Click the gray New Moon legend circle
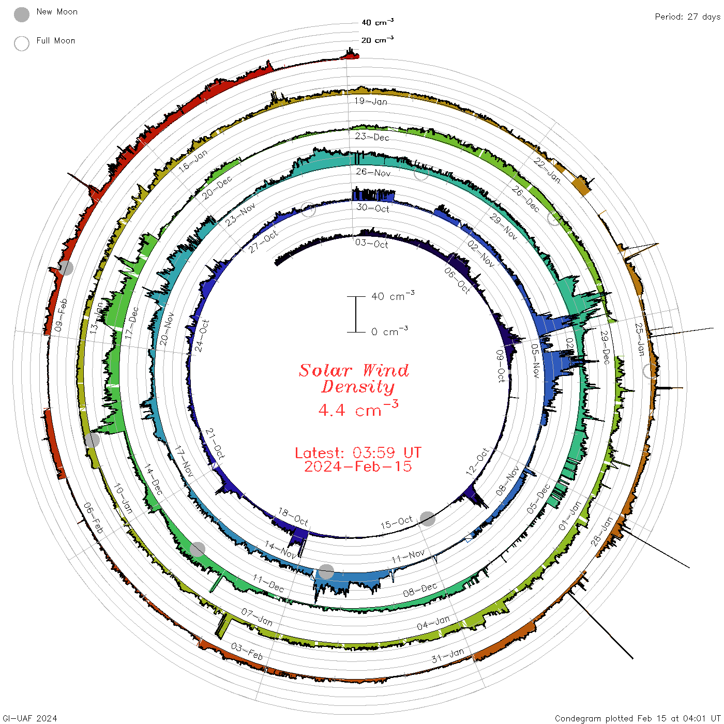click(x=21, y=14)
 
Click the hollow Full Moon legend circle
click(x=21, y=43)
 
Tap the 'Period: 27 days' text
click(x=687, y=17)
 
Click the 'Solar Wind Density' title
click(x=354, y=379)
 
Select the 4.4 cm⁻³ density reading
click(x=358, y=409)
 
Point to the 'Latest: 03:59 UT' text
click(x=358, y=452)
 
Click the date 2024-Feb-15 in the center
click(x=358, y=466)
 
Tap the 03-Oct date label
click(x=372, y=244)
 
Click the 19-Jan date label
click(x=370, y=101)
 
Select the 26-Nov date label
click(x=373, y=172)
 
